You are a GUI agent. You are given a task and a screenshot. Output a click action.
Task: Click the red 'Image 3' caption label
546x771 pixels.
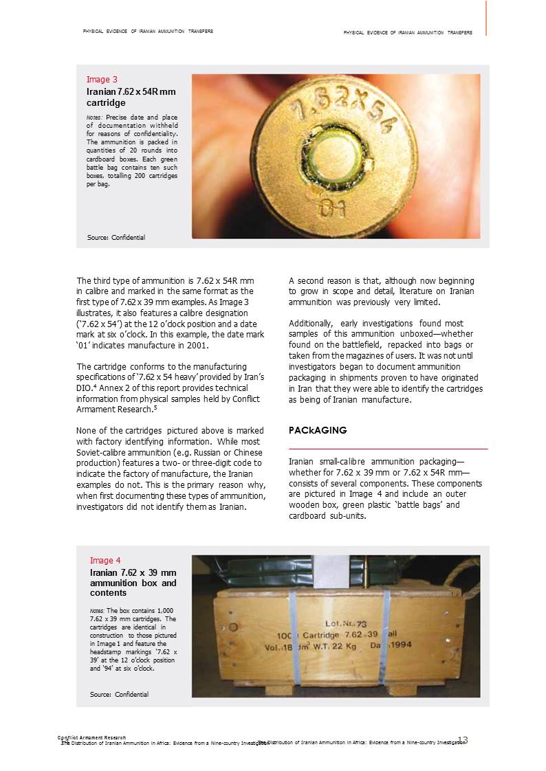coord(102,79)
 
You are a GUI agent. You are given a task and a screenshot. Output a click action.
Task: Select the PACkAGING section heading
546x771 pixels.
coord(318,430)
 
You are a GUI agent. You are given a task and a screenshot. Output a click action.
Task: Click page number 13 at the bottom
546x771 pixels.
coord(463,740)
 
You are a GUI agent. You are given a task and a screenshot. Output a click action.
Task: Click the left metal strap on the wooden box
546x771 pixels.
coord(294,632)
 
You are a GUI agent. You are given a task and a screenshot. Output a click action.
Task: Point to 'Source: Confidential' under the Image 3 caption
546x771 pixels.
coord(116,238)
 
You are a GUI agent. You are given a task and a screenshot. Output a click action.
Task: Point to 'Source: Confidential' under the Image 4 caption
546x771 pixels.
coord(119,694)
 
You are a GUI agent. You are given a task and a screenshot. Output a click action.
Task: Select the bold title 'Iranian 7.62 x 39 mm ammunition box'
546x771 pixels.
coord(133,583)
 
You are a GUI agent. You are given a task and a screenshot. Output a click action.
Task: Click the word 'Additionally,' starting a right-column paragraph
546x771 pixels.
coord(309,323)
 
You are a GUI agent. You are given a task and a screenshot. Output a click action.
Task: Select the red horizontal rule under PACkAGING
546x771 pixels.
coord(388,449)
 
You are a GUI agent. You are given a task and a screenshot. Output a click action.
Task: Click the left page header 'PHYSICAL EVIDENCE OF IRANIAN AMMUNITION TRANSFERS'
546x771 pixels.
coord(148,31)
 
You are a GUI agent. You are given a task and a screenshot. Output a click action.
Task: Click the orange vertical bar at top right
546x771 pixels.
coord(486,17)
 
